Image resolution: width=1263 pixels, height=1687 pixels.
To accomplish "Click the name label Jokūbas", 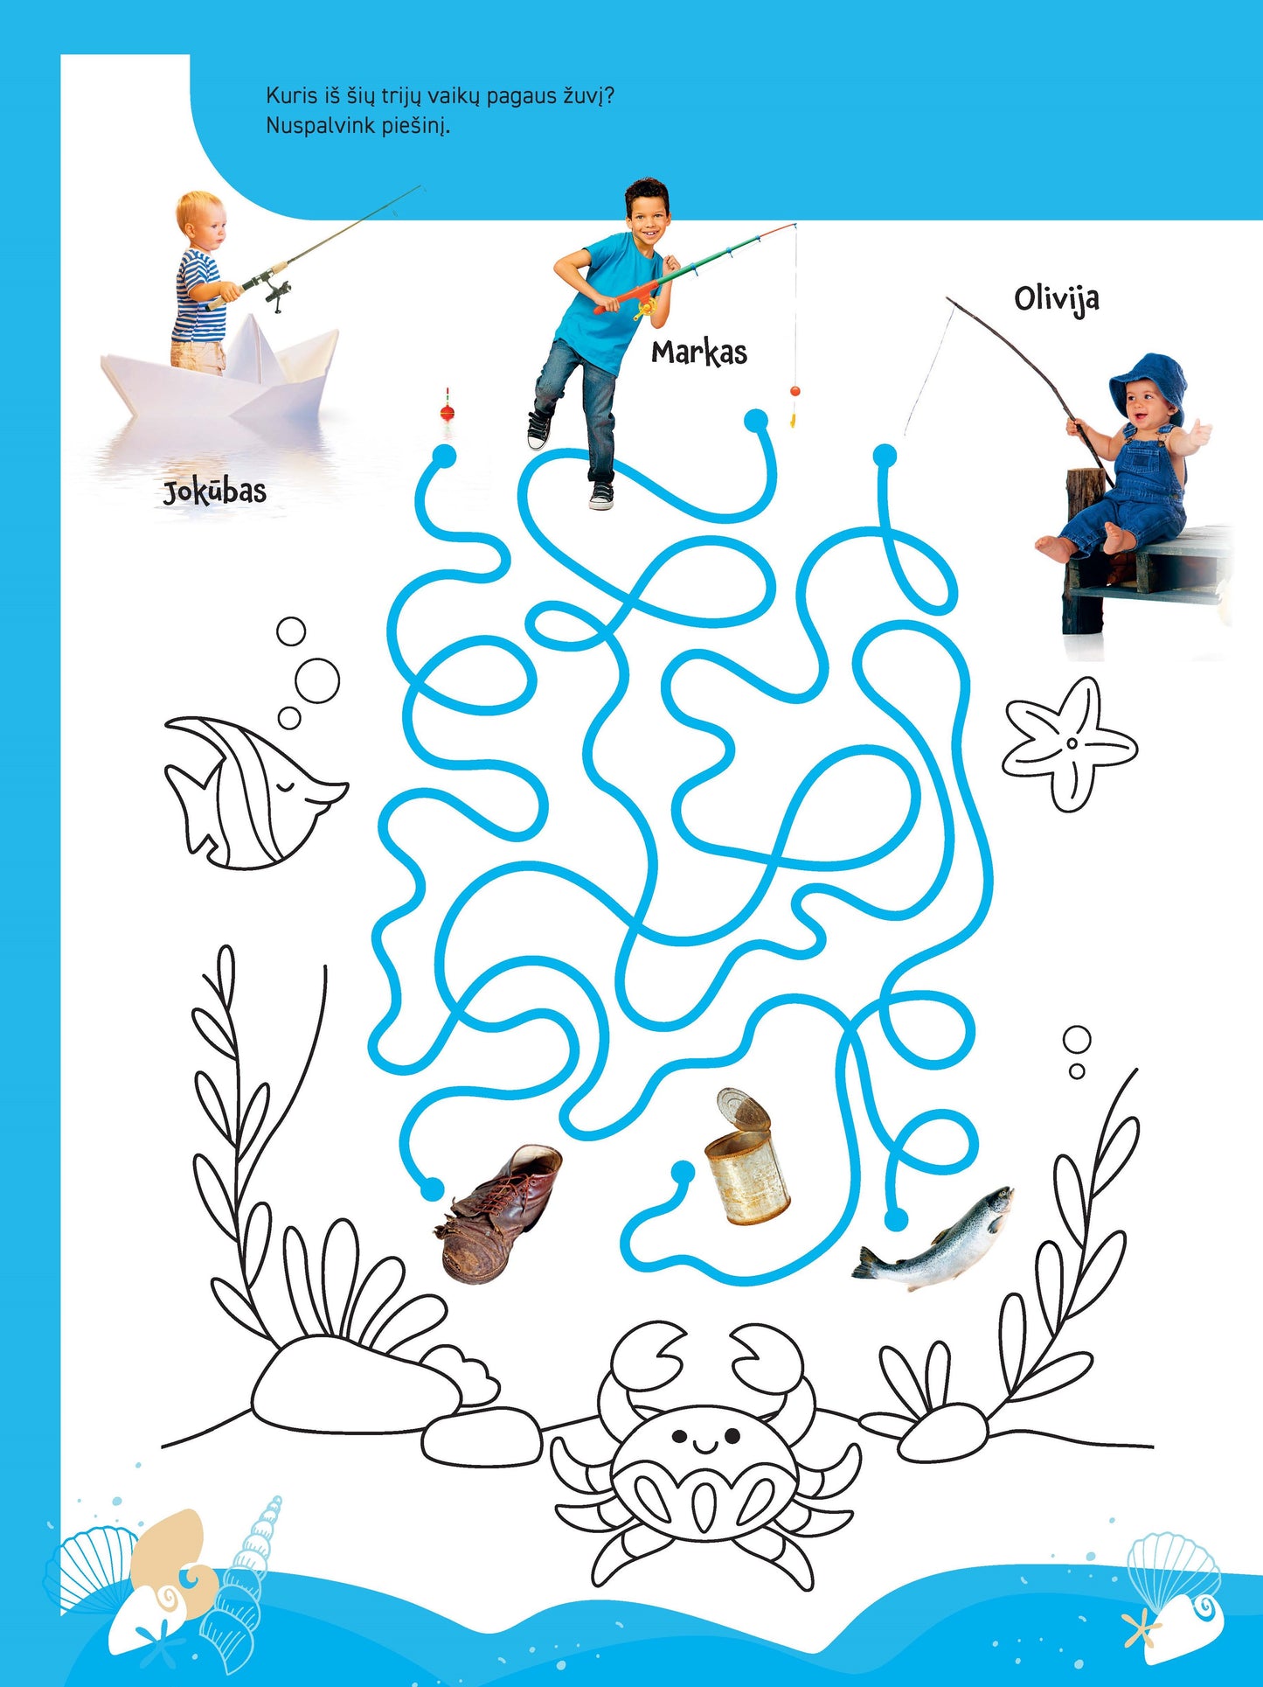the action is click(x=215, y=491).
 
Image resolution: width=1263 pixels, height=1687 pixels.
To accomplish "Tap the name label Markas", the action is click(x=699, y=352).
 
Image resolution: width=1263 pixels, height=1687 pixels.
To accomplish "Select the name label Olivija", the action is click(x=1057, y=299).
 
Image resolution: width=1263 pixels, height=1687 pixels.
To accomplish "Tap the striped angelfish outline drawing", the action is click(x=253, y=791).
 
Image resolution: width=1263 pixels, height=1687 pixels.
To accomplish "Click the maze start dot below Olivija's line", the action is click(x=885, y=456).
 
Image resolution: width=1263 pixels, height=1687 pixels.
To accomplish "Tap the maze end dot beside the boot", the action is click(x=432, y=1189).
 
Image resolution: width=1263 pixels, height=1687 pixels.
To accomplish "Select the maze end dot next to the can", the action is click(x=683, y=1172).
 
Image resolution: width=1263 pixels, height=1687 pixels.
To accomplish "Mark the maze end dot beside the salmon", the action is click(x=896, y=1218).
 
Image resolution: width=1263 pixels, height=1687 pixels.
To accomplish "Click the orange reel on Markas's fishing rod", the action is click(x=644, y=305).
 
